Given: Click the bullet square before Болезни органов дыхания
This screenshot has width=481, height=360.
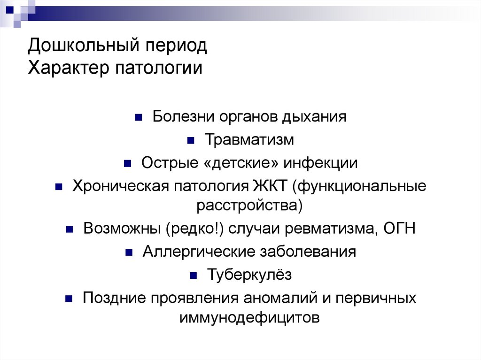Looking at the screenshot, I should pos(139,117).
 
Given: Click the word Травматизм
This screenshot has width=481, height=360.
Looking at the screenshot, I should pos(249,140).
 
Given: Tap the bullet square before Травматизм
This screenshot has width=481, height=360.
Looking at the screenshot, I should pos(191,140).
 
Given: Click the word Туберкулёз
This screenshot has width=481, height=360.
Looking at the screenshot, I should pos(249,275).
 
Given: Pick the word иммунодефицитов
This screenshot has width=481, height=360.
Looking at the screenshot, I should pos(249,317).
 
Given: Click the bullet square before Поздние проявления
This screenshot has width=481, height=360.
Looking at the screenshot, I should pos(69,299).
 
